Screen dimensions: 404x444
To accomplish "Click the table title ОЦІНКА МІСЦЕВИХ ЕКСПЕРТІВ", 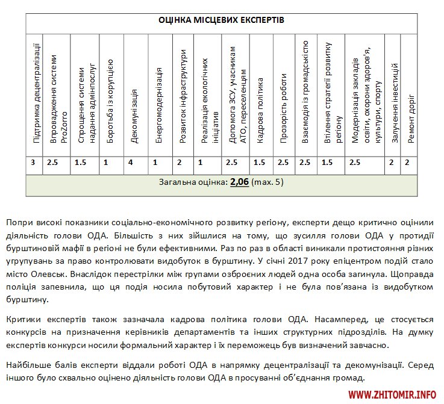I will (x=222, y=20).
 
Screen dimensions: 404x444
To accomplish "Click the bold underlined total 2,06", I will (x=239, y=181).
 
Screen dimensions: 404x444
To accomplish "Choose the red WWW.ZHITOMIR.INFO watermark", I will (x=392, y=394).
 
